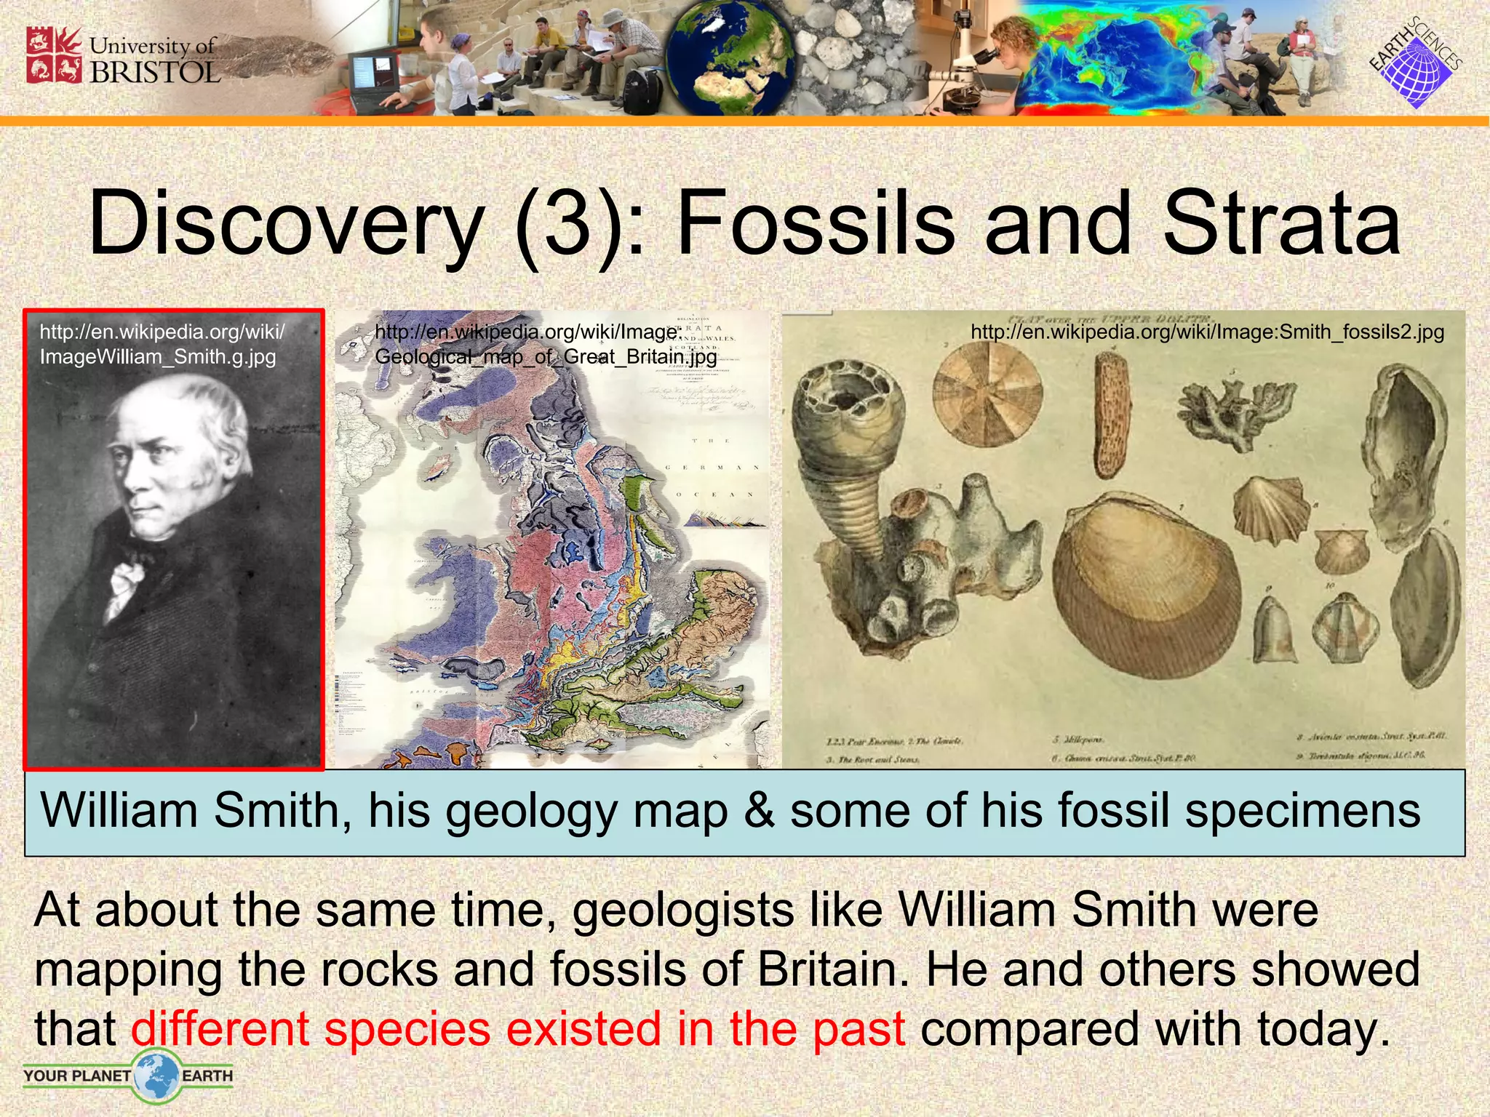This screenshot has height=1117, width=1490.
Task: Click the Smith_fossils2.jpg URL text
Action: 1207,332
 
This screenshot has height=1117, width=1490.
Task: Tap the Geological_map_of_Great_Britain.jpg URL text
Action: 546,356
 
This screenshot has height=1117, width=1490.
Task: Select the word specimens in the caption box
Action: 1302,812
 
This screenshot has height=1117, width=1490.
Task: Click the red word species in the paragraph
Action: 407,1029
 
